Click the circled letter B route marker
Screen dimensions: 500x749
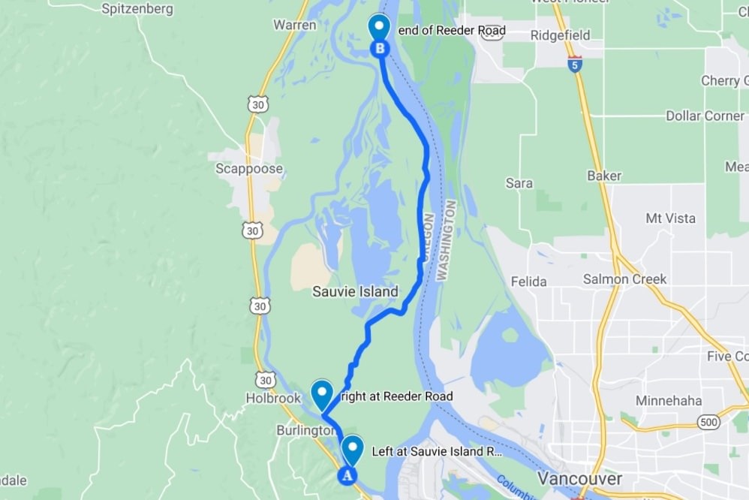click(380, 49)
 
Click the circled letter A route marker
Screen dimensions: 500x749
click(346, 474)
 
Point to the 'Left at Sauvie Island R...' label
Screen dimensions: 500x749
click(437, 452)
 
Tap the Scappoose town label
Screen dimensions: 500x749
click(249, 168)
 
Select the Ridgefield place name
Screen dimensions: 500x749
click(560, 35)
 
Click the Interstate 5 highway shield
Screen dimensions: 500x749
click(574, 63)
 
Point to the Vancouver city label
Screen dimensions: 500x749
click(579, 478)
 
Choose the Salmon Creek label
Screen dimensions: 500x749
click(624, 279)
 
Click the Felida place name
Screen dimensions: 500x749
click(528, 282)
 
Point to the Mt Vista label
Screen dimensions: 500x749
click(670, 218)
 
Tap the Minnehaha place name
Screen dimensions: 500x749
click(669, 400)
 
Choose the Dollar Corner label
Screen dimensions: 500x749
click(705, 116)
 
